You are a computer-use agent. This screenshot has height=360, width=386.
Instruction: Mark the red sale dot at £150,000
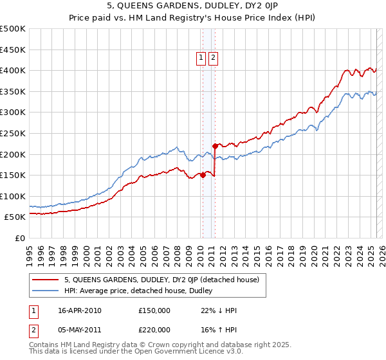pos(203,175)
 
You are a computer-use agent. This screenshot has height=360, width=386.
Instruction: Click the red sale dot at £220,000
pos(214,145)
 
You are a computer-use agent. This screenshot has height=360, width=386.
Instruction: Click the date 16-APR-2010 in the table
pos(79,310)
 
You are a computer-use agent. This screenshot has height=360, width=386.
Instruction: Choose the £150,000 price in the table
pos(154,310)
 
